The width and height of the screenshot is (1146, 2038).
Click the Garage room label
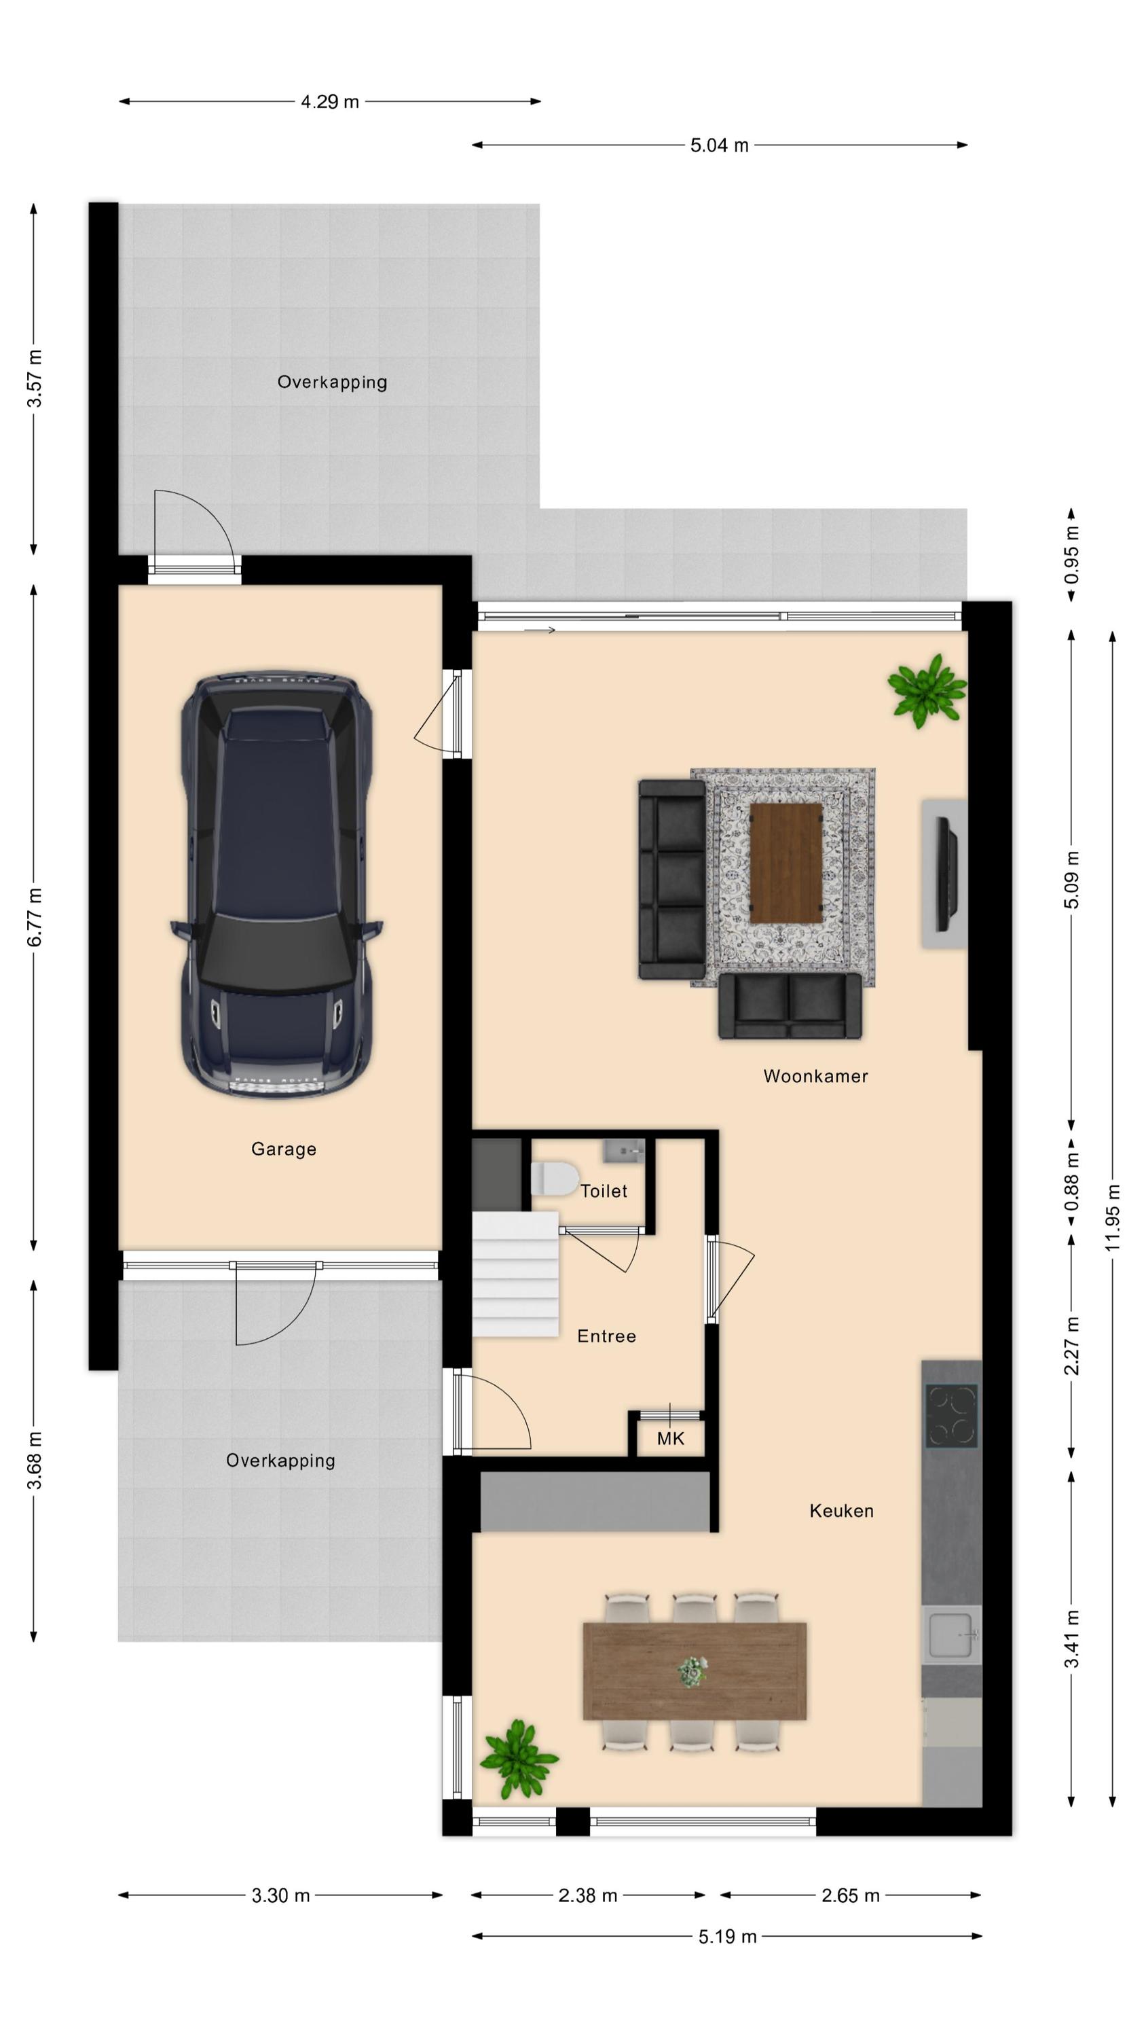pyautogui.click(x=284, y=1149)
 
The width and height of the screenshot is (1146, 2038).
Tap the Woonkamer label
pyautogui.click(x=815, y=1076)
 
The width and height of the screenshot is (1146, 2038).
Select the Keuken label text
pyautogui.click(x=841, y=1510)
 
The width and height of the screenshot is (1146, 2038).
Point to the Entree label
pyautogui.click(x=607, y=1336)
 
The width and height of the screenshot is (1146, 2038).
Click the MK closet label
pyautogui.click(x=671, y=1438)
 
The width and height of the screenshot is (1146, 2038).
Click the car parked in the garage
pyautogui.click(x=277, y=884)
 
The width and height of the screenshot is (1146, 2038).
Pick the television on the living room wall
pyautogui.click(x=946, y=874)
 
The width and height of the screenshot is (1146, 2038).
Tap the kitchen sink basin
pyautogui.click(x=950, y=1634)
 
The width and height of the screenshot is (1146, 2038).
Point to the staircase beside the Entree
pyautogui.click(x=516, y=1274)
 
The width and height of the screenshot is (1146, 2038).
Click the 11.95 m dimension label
pyautogui.click(x=1113, y=1217)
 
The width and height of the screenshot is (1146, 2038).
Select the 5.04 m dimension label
pyautogui.click(x=720, y=145)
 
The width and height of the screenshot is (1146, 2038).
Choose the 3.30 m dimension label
pyautogui.click(x=281, y=1895)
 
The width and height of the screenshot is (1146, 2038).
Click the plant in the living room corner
pyautogui.click(x=926, y=690)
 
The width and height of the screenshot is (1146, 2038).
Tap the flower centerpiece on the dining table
pyautogui.click(x=692, y=1672)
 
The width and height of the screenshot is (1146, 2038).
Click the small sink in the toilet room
pyautogui.click(x=625, y=1150)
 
